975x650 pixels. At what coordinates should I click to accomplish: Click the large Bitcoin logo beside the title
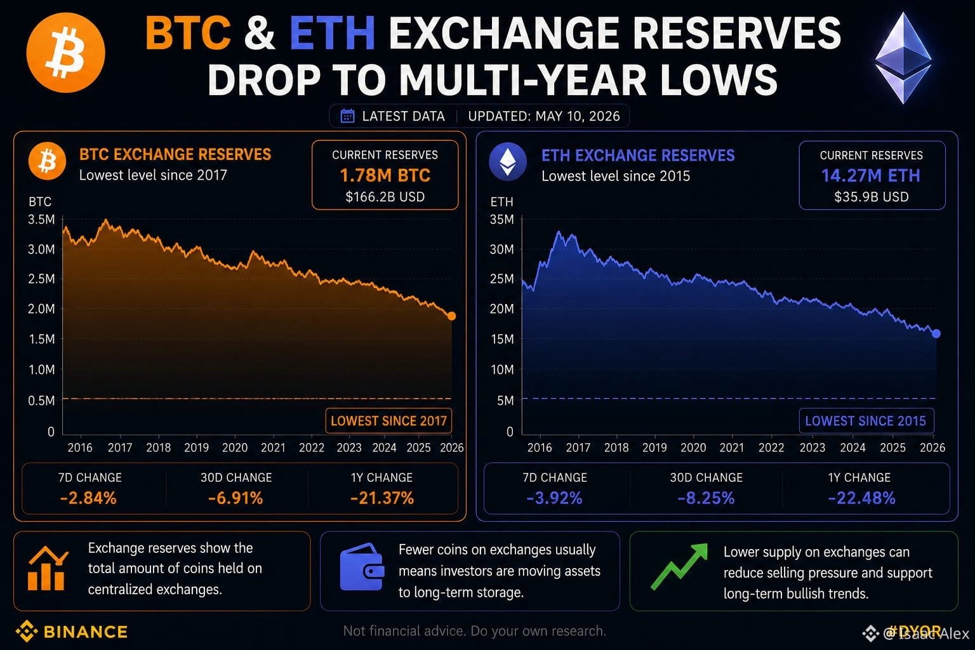pyautogui.click(x=66, y=53)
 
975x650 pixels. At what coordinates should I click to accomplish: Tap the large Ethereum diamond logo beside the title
pyautogui.click(x=903, y=58)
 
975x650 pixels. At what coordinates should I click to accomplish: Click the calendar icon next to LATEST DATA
pyautogui.click(x=347, y=116)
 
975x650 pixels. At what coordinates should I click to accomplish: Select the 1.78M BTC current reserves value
pyautogui.click(x=385, y=175)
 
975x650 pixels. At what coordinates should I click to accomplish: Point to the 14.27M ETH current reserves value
pyautogui.click(x=870, y=176)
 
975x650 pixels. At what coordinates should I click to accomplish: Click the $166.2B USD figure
pyautogui.click(x=385, y=197)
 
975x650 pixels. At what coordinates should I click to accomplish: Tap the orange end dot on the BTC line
pyautogui.click(x=452, y=316)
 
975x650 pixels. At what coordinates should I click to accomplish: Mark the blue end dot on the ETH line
pyautogui.click(x=936, y=333)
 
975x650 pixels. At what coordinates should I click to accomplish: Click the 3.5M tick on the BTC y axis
pyautogui.click(x=41, y=220)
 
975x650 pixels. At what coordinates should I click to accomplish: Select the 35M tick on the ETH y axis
pyautogui.click(x=502, y=220)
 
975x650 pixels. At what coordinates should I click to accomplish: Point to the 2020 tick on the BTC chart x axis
pyautogui.click(x=235, y=448)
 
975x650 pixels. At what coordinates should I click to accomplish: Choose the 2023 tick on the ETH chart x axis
pyautogui.click(x=812, y=448)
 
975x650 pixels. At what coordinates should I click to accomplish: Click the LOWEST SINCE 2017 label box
pyautogui.click(x=388, y=421)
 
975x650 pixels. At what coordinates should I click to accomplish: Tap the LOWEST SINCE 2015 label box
pyautogui.click(x=866, y=421)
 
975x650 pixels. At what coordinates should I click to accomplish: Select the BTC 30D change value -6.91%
pyautogui.click(x=235, y=498)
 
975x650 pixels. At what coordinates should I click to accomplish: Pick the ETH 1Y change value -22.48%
pyautogui.click(x=861, y=498)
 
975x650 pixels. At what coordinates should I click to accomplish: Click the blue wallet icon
pyautogui.click(x=362, y=567)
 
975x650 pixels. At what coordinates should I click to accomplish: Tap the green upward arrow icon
pyautogui.click(x=679, y=566)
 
